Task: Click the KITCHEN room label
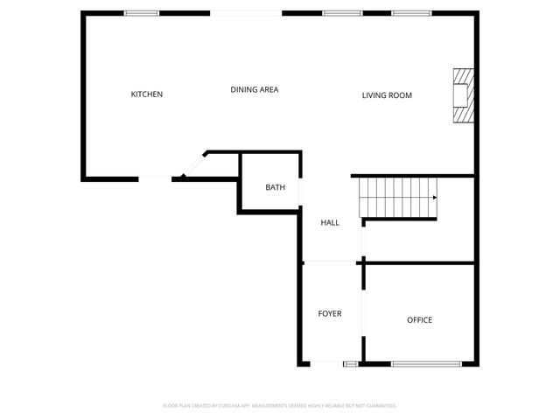(x=146, y=94)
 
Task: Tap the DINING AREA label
(x=254, y=89)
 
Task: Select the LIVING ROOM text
(x=387, y=95)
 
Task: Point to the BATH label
(x=275, y=187)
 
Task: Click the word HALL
(x=330, y=223)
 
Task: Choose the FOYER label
(x=329, y=313)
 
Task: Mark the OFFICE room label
(x=419, y=320)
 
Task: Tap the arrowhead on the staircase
(x=434, y=198)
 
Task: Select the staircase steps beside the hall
(x=398, y=197)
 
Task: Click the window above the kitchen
(x=141, y=13)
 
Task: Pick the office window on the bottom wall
(x=426, y=363)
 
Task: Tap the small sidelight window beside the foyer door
(x=351, y=363)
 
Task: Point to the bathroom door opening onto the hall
(x=301, y=192)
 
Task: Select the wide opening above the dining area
(x=246, y=13)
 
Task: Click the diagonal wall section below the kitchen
(x=193, y=164)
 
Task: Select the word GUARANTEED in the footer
(x=377, y=406)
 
